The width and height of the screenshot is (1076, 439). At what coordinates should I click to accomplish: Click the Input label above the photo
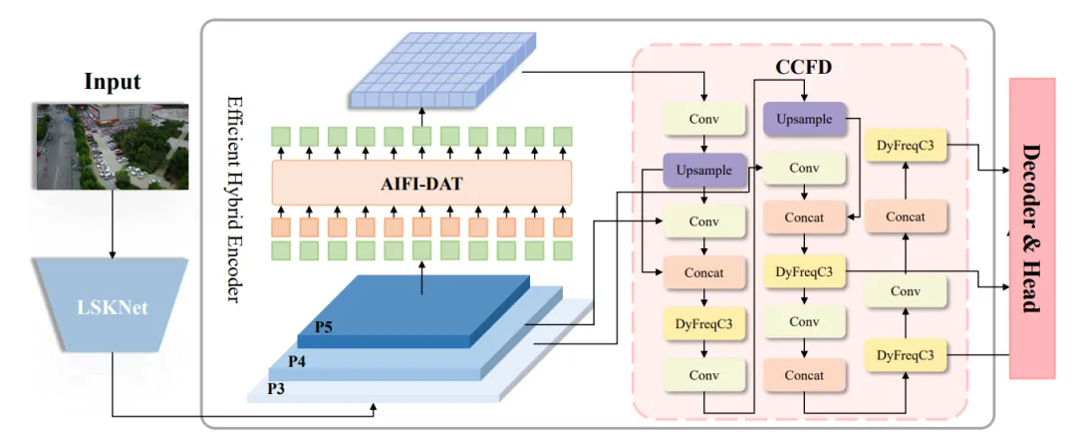coord(113,83)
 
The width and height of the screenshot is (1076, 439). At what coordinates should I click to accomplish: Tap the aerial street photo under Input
coord(113,145)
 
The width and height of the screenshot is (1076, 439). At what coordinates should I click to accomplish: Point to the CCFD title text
coord(804,70)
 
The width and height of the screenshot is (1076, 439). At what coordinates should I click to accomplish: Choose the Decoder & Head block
coord(1033,227)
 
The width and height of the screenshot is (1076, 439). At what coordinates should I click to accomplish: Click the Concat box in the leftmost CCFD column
coord(704,271)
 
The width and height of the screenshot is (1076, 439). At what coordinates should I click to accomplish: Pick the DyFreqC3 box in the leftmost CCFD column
coord(704,323)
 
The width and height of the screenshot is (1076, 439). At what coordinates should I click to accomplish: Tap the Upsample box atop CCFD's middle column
coord(804,119)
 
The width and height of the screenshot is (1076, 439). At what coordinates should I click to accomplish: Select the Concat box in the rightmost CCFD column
coord(905,217)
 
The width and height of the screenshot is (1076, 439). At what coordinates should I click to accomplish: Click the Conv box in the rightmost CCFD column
coord(905,291)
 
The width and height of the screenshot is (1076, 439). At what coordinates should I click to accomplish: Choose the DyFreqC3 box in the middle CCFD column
coord(804,270)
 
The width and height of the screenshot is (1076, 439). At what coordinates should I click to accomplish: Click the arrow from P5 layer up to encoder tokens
coord(421,281)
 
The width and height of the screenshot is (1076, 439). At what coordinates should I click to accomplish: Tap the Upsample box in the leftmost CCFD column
coord(704,171)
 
